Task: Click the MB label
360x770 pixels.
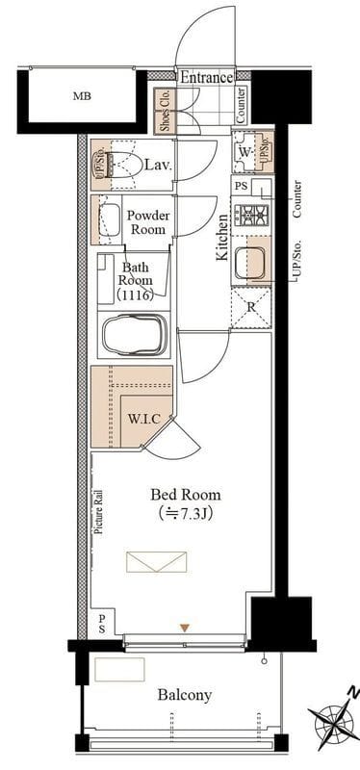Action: click(82, 96)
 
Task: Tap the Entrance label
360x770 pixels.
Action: click(206, 78)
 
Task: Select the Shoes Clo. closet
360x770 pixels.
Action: click(163, 112)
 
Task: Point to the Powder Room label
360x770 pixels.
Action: click(148, 222)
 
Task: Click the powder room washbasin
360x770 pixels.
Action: click(110, 220)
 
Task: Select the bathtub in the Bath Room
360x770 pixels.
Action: click(134, 335)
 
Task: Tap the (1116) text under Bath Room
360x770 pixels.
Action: click(135, 295)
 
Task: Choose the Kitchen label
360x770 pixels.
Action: click(222, 237)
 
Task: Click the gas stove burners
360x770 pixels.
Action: click(251, 215)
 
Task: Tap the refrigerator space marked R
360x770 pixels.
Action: click(251, 308)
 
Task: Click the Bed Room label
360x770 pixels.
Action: click(185, 494)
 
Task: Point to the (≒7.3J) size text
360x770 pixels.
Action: click(185, 514)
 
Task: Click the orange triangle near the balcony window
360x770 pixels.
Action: click(184, 628)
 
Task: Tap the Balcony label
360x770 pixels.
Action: click(185, 695)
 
